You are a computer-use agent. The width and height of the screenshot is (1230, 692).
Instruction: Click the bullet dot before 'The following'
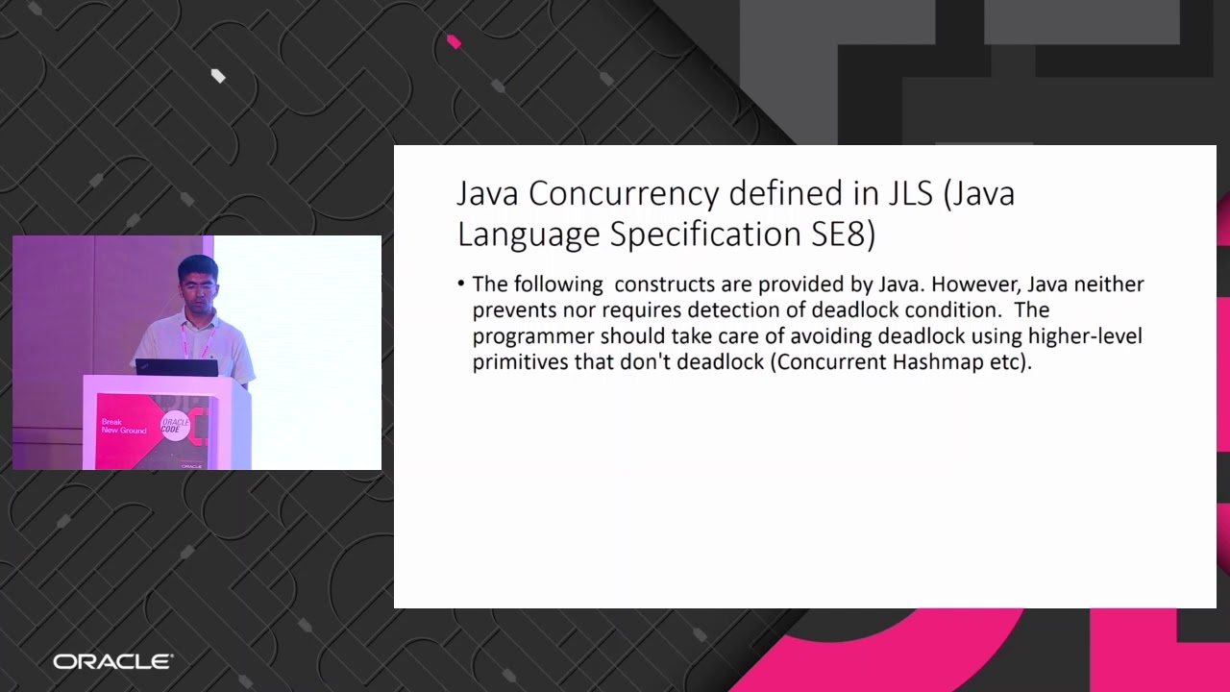pos(461,284)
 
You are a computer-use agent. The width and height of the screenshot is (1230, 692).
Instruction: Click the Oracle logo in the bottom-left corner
pos(112,661)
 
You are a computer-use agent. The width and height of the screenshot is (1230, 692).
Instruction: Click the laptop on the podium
pos(176,367)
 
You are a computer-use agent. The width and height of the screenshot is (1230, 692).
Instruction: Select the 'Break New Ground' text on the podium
pos(124,426)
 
